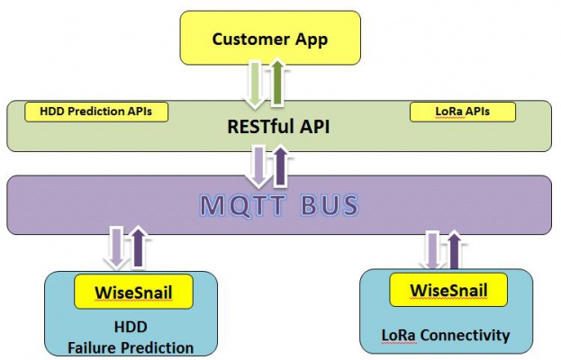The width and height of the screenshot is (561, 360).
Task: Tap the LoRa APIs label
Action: (x=463, y=112)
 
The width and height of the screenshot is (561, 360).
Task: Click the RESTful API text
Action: (x=278, y=127)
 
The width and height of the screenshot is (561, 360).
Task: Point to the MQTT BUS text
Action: (x=279, y=204)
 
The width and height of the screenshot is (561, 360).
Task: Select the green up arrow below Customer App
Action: (x=277, y=82)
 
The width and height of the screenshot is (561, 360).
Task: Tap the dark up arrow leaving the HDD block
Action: (x=137, y=247)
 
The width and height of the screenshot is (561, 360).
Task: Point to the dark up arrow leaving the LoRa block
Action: (x=453, y=247)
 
